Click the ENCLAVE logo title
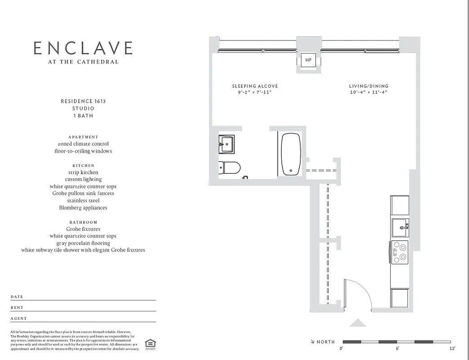pyautogui.click(x=83, y=48)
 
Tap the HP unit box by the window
pyautogui.click(x=308, y=60)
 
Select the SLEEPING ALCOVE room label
pyautogui.click(x=255, y=86)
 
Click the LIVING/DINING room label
pyautogui.click(x=369, y=86)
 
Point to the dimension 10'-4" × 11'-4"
pyautogui.click(x=369, y=92)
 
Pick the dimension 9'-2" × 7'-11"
pyautogui.click(x=255, y=92)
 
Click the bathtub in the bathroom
pyautogui.click(x=290, y=154)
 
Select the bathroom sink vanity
pyautogui.click(x=226, y=144)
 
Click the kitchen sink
pyautogui.click(x=400, y=227)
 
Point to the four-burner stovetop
pyautogui.click(x=399, y=252)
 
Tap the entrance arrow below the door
pyautogui.click(x=358, y=322)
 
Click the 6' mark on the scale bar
pyautogui.click(x=398, y=348)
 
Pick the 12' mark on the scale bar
pyautogui.click(x=452, y=348)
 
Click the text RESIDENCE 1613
pyautogui.click(x=83, y=101)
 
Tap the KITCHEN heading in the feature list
pyautogui.click(x=83, y=166)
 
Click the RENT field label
pyautogui.click(x=17, y=308)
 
